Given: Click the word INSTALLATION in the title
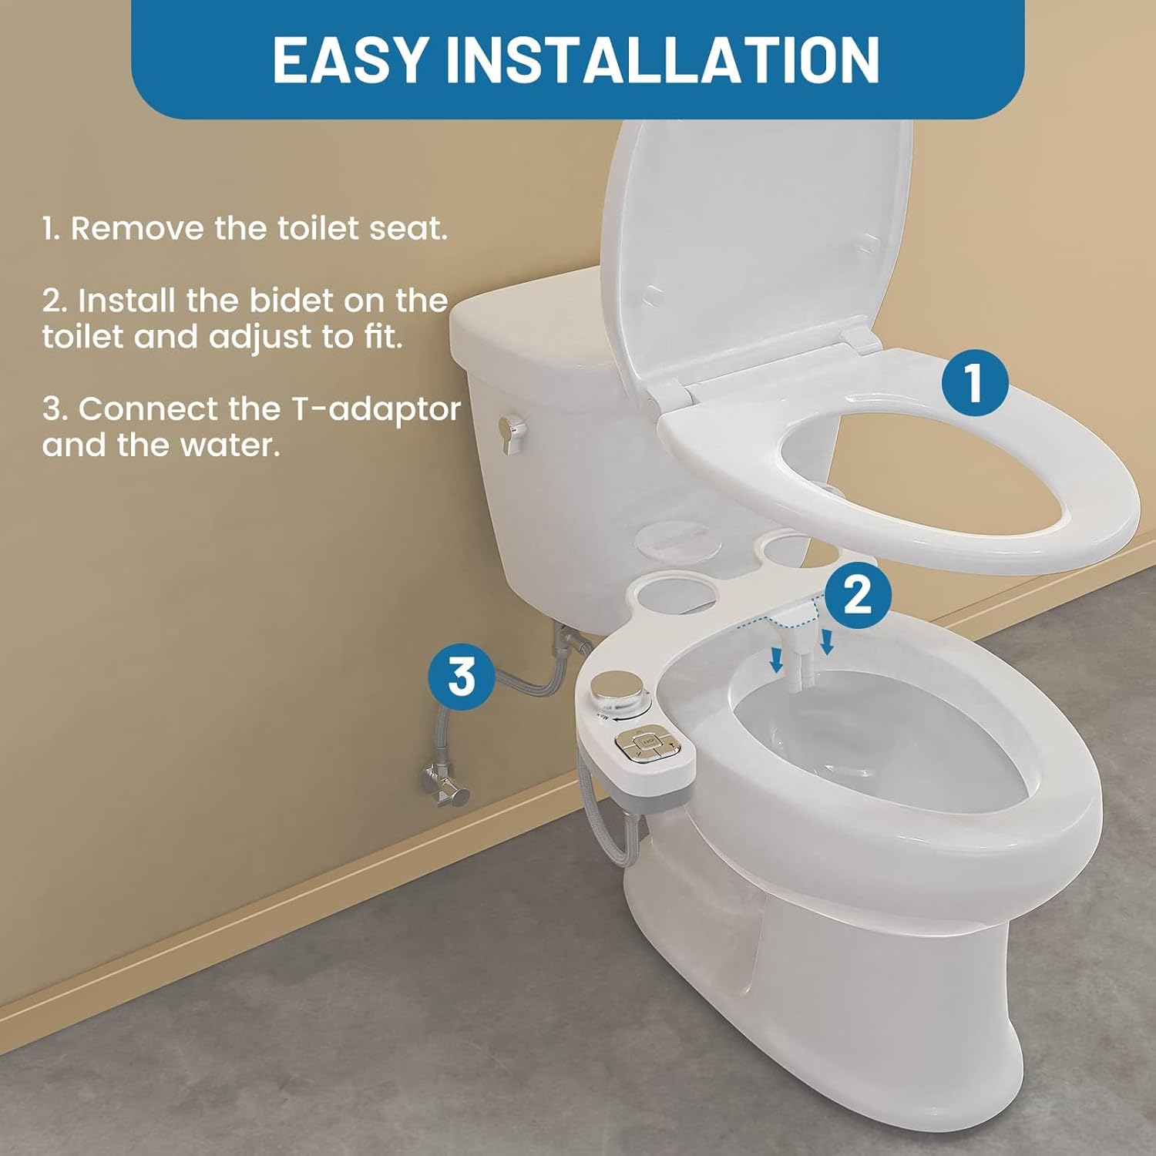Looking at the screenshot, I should (664, 59).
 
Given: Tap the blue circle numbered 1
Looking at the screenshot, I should (975, 383).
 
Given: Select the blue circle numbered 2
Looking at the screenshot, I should (858, 594).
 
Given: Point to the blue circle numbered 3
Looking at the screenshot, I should (462, 677).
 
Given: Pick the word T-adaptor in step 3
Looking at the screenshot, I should (375, 408).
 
